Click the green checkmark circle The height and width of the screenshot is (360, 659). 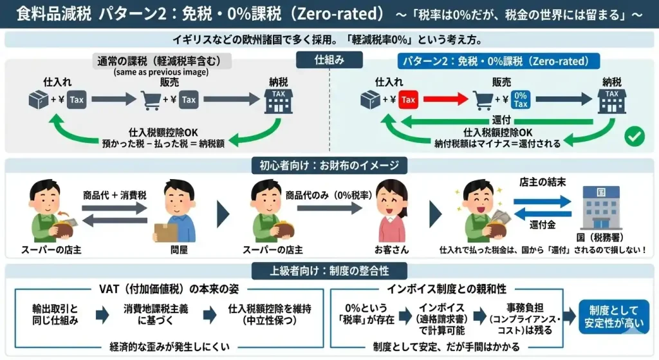[x=635, y=137]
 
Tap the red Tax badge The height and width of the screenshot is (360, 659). [x=408, y=100]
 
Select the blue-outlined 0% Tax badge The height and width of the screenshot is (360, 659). [x=521, y=100]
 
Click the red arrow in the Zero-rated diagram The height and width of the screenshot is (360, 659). [x=444, y=100]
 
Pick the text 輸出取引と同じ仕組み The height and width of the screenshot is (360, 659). [x=55, y=314]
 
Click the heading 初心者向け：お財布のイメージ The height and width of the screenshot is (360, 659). [x=329, y=166]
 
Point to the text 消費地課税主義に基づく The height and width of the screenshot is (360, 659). [x=156, y=314]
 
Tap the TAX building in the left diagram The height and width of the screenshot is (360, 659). [x=279, y=100]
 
